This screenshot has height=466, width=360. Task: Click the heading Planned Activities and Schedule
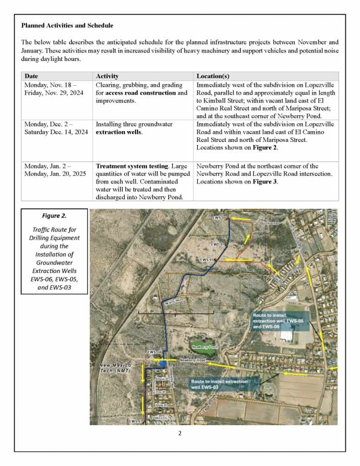[67, 25]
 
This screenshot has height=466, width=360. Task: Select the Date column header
[31, 76]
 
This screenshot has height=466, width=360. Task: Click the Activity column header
[107, 76]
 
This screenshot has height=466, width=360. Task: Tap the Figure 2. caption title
[54, 216]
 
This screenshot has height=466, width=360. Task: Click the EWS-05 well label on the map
[207, 259]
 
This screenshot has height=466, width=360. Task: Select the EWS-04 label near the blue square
[153, 352]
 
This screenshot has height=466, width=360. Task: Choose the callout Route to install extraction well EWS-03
[219, 384]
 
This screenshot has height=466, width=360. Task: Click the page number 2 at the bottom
[180, 433]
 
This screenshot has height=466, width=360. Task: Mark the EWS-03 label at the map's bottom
[135, 421]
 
